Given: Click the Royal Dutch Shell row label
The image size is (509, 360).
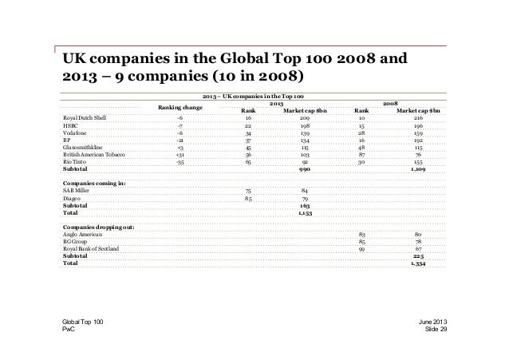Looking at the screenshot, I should (x=84, y=117).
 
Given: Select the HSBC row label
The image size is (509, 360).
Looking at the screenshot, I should (x=69, y=125).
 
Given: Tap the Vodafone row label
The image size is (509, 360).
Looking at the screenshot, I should (x=75, y=133).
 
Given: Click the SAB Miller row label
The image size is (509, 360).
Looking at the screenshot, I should (x=77, y=191).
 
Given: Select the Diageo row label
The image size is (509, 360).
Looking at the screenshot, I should (x=72, y=198).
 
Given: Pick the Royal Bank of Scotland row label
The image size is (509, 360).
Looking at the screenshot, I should (x=90, y=248).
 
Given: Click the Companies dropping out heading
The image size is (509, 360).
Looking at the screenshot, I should (x=98, y=227).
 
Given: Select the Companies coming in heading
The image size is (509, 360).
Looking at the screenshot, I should (x=91, y=184).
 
